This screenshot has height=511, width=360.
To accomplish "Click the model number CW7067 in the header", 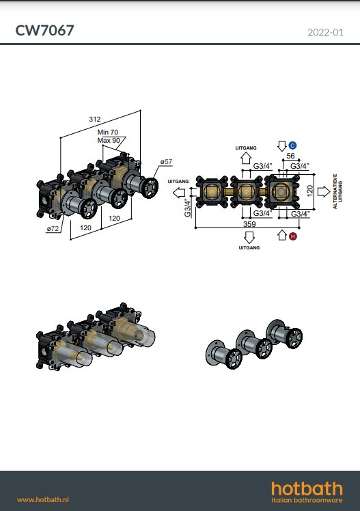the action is (x=44, y=30).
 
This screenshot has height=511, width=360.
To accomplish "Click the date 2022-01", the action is (x=325, y=32).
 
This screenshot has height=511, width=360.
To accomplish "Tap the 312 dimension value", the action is (x=95, y=120).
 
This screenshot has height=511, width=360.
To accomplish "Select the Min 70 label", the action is (x=108, y=132).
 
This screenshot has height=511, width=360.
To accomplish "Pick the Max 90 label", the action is (x=109, y=141).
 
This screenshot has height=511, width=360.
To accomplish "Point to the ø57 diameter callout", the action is (x=166, y=162).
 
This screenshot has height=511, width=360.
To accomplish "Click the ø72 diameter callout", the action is (x=53, y=229).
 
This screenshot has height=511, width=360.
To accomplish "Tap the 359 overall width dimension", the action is (x=249, y=224).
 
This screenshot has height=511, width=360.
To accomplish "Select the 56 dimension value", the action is (x=290, y=156).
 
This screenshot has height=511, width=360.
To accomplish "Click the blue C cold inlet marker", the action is (x=292, y=146).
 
